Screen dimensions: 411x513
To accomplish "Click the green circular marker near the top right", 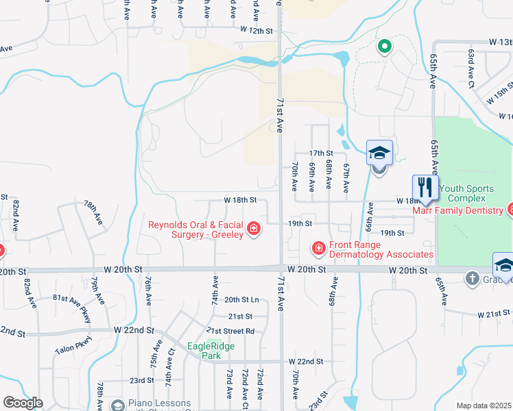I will click(x=385, y=47).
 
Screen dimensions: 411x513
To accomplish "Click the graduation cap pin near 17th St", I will click(x=379, y=154).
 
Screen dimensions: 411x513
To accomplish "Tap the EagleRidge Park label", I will click(x=211, y=351).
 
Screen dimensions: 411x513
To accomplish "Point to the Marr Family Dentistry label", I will click(x=457, y=210).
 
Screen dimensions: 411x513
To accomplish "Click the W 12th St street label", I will click(x=256, y=31).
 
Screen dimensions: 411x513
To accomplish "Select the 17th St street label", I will click(x=320, y=153).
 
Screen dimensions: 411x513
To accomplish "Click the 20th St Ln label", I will click(x=241, y=299).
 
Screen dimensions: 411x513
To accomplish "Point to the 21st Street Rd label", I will click(x=231, y=331).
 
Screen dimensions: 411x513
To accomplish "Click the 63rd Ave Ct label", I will click(x=471, y=68).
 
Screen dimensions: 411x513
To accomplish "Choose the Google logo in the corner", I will click(x=23, y=403).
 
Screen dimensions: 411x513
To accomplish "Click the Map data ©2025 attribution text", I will click(x=484, y=406).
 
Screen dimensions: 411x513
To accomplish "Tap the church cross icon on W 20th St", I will click(x=472, y=278).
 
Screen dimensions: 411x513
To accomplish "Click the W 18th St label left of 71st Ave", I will click(x=240, y=200).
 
